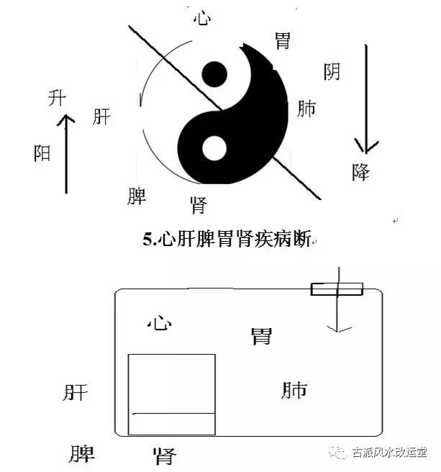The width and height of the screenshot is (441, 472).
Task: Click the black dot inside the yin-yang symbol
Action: [214, 74]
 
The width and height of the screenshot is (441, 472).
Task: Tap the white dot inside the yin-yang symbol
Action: [214, 148]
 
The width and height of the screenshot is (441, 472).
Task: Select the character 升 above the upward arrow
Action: [57, 98]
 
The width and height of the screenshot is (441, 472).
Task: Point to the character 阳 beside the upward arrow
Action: [42, 153]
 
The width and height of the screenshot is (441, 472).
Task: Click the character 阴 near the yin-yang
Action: [332, 71]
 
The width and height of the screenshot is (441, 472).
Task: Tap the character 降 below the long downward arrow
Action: [360, 172]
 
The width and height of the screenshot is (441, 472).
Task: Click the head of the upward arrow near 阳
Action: [65, 119]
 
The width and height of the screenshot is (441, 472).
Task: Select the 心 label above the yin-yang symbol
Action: [202, 18]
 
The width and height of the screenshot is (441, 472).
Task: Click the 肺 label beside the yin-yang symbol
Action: [306, 109]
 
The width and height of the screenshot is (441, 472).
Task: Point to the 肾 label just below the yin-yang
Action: [199, 205]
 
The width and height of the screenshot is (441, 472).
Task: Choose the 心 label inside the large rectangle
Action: [160, 322]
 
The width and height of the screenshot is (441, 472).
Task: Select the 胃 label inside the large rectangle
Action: [261, 336]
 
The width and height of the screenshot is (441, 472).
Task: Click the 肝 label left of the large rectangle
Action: [76, 392]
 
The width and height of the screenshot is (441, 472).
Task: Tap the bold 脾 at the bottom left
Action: [81, 454]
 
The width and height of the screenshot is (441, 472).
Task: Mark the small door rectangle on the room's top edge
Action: [337, 289]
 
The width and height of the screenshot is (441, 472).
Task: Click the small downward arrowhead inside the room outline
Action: [339, 329]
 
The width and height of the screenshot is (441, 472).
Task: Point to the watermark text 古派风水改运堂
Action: [389, 453]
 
